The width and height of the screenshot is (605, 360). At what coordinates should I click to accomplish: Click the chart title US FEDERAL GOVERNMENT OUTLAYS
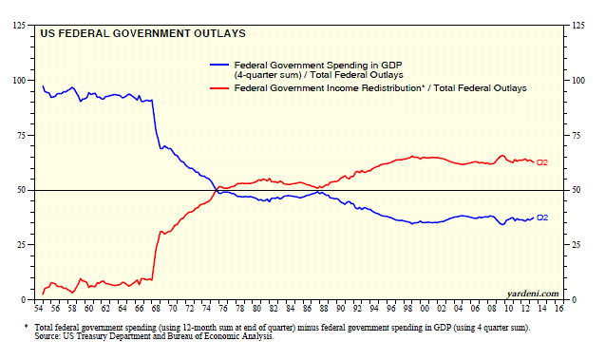click(x=142, y=33)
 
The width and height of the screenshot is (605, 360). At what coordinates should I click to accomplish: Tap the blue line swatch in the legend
click(x=219, y=65)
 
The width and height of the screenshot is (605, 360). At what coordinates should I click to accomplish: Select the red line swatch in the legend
click(x=219, y=88)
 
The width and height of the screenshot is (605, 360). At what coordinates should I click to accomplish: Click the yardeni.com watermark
click(x=533, y=294)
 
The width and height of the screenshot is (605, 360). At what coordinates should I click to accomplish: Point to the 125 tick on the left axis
click(x=19, y=26)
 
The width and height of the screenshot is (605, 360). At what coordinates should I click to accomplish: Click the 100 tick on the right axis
click(x=578, y=80)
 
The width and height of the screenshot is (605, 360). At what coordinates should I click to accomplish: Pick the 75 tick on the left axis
click(x=21, y=136)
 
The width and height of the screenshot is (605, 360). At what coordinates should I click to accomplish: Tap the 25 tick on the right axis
click(x=577, y=245)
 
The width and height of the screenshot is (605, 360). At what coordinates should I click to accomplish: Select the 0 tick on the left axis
click(x=23, y=300)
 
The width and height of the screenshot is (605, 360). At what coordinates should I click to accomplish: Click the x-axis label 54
click(x=39, y=309)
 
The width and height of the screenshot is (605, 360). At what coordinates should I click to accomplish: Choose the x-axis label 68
click(x=156, y=309)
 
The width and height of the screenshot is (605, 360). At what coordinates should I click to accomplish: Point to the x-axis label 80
click(x=256, y=309)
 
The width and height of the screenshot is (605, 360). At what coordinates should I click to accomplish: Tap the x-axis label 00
click(x=425, y=309)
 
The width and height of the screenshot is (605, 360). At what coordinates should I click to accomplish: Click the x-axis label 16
click(x=558, y=309)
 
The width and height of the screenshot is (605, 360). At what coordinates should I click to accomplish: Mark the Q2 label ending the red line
click(x=542, y=162)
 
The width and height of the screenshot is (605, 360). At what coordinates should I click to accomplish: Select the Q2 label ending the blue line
click(x=542, y=218)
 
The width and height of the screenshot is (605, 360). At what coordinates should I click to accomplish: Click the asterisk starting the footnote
click(x=27, y=327)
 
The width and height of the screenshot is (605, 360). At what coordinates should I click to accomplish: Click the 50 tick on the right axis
click(x=577, y=190)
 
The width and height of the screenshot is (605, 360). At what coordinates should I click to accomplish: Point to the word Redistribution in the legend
click(x=391, y=88)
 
